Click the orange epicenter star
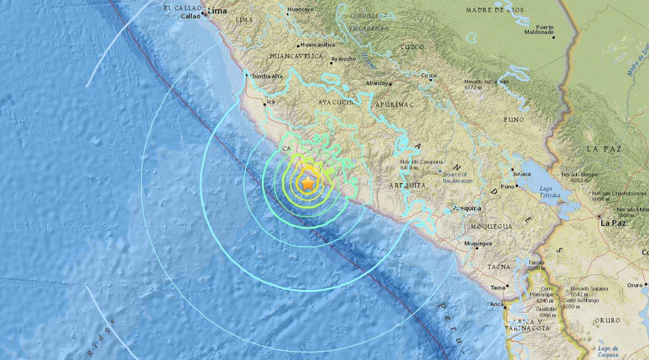click(x=308, y=183)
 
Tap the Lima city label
click(x=218, y=11)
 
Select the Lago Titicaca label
click(x=549, y=192)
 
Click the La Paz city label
click(x=613, y=223)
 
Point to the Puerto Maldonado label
click(x=539, y=30)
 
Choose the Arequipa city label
click(x=467, y=208)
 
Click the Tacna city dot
click(x=508, y=286)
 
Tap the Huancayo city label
click(x=300, y=9)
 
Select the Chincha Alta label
click(x=266, y=76)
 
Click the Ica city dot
click(x=264, y=103)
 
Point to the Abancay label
click(x=377, y=83)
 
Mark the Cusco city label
click(x=428, y=75)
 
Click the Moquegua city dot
click(x=477, y=248)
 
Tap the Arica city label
click(x=496, y=304)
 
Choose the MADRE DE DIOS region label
click(x=495, y=10)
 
